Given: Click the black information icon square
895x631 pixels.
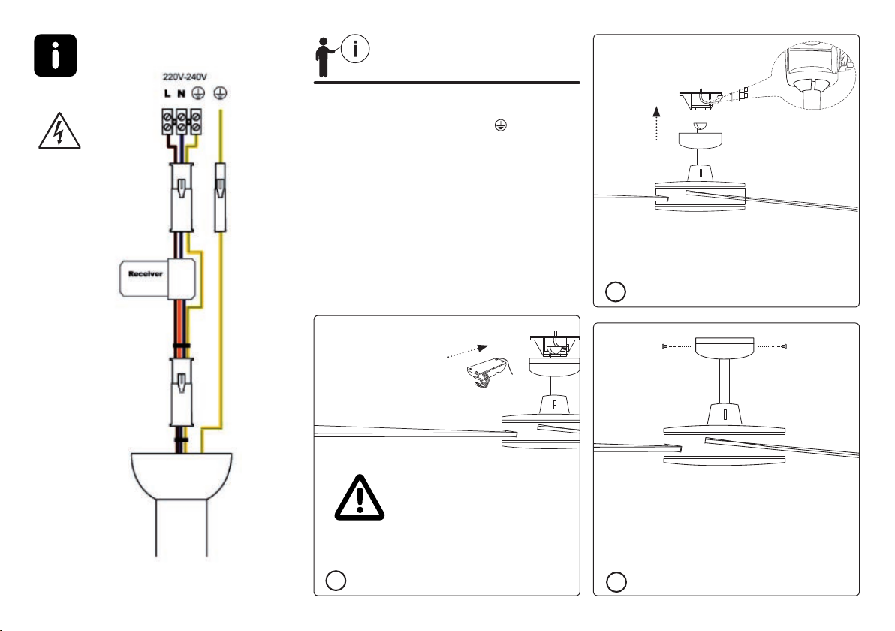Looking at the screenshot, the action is (x=56, y=56).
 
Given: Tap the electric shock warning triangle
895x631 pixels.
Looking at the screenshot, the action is (x=59, y=131).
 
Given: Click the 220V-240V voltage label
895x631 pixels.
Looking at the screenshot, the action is (x=185, y=77).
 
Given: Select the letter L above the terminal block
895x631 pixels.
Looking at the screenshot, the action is (x=167, y=93).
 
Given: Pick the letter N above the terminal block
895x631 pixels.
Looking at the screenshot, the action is (x=182, y=93).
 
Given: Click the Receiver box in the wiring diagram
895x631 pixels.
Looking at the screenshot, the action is (x=158, y=279).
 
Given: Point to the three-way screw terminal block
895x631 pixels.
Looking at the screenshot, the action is (x=182, y=122).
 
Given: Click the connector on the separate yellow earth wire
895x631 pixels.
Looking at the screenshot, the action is (x=220, y=198).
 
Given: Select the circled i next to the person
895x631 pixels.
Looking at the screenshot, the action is (x=355, y=49).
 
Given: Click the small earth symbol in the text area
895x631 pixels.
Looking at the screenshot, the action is (x=501, y=125).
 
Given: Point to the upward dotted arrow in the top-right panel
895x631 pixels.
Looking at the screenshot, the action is (x=657, y=123).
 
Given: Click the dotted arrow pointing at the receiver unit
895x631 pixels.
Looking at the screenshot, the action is (x=468, y=352).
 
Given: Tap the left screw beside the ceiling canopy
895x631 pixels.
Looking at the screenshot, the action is (x=665, y=346).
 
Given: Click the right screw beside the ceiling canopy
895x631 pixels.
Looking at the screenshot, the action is (x=785, y=346).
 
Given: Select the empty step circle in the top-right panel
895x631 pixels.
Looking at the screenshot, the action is (x=616, y=291).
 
